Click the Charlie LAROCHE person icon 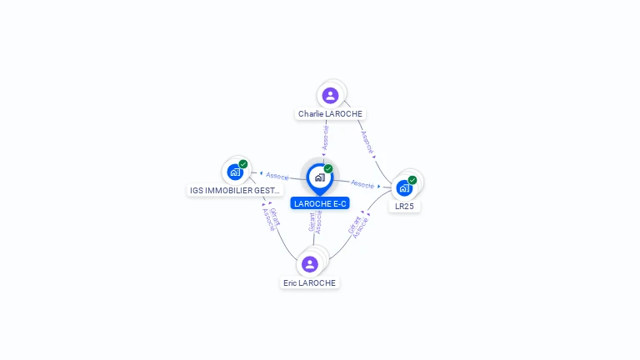click(330, 95)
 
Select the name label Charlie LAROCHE click(331, 113)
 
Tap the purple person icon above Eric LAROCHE click(310, 264)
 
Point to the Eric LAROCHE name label click(309, 282)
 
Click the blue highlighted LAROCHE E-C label click(320, 203)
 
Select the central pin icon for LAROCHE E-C click(319, 177)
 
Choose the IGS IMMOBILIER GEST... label click(235, 190)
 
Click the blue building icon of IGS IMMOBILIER click(235, 172)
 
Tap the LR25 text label click(404, 206)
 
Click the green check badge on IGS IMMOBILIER click(243, 164)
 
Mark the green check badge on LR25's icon click(412, 180)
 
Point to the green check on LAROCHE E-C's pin click(328, 169)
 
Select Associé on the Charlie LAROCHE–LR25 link click(367, 142)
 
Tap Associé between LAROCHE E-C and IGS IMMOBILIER click(277, 176)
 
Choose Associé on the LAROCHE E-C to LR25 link click(362, 183)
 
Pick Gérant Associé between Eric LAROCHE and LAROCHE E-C click(315, 222)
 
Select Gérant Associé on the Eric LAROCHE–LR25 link click(357, 226)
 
